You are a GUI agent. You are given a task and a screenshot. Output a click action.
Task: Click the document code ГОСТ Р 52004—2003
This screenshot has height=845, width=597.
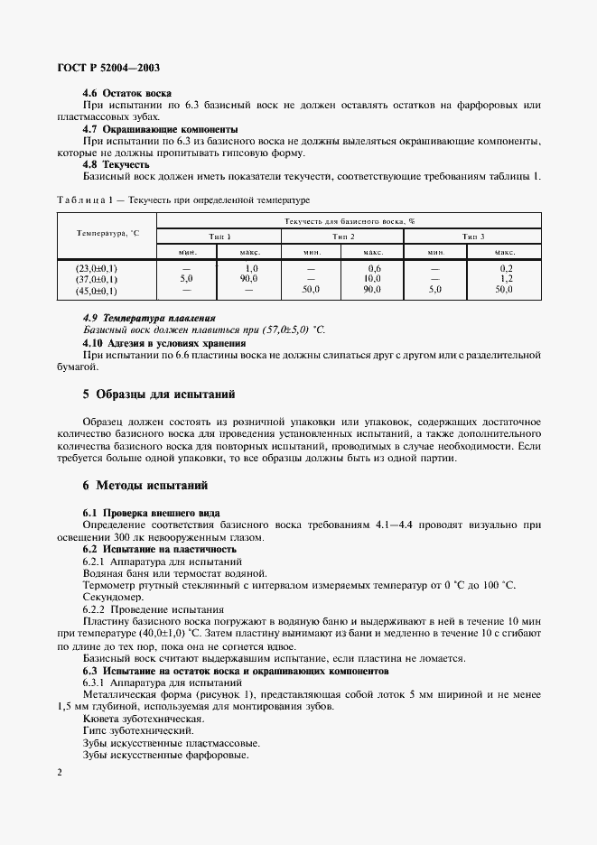click(x=109, y=69)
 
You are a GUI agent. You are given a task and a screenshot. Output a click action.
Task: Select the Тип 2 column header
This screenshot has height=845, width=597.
click(x=342, y=236)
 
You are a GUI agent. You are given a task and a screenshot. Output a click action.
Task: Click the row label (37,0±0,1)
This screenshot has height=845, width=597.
click(x=97, y=279)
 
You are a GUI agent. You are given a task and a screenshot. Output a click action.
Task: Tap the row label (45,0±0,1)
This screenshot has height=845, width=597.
click(x=97, y=290)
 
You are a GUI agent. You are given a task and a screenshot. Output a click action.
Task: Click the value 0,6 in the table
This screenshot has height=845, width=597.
click(x=373, y=268)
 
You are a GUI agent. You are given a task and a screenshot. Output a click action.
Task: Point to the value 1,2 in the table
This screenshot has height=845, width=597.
click(x=506, y=279)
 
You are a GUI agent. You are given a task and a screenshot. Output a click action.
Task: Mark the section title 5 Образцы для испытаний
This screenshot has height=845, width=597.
click(x=160, y=395)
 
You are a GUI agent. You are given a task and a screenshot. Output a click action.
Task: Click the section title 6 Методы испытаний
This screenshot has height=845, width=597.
click(x=145, y=485)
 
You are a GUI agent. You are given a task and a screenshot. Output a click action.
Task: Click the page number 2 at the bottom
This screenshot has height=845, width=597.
click(x=59, y=773)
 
